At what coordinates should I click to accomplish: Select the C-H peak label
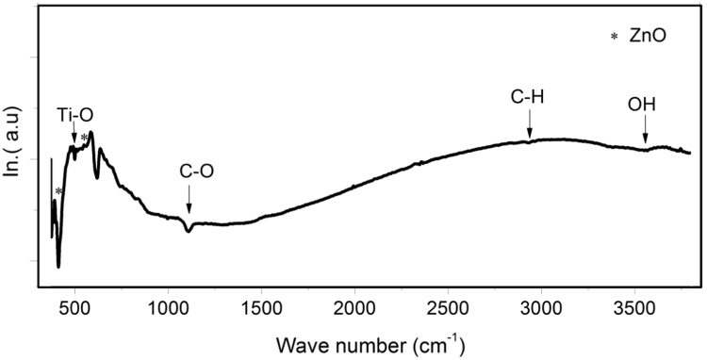[529, 95]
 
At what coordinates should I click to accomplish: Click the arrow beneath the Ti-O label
[74, 136]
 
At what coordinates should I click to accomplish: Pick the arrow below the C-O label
[189, 200]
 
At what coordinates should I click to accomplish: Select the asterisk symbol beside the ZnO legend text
[615, 38]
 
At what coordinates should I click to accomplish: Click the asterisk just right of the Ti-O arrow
[85, 139]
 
